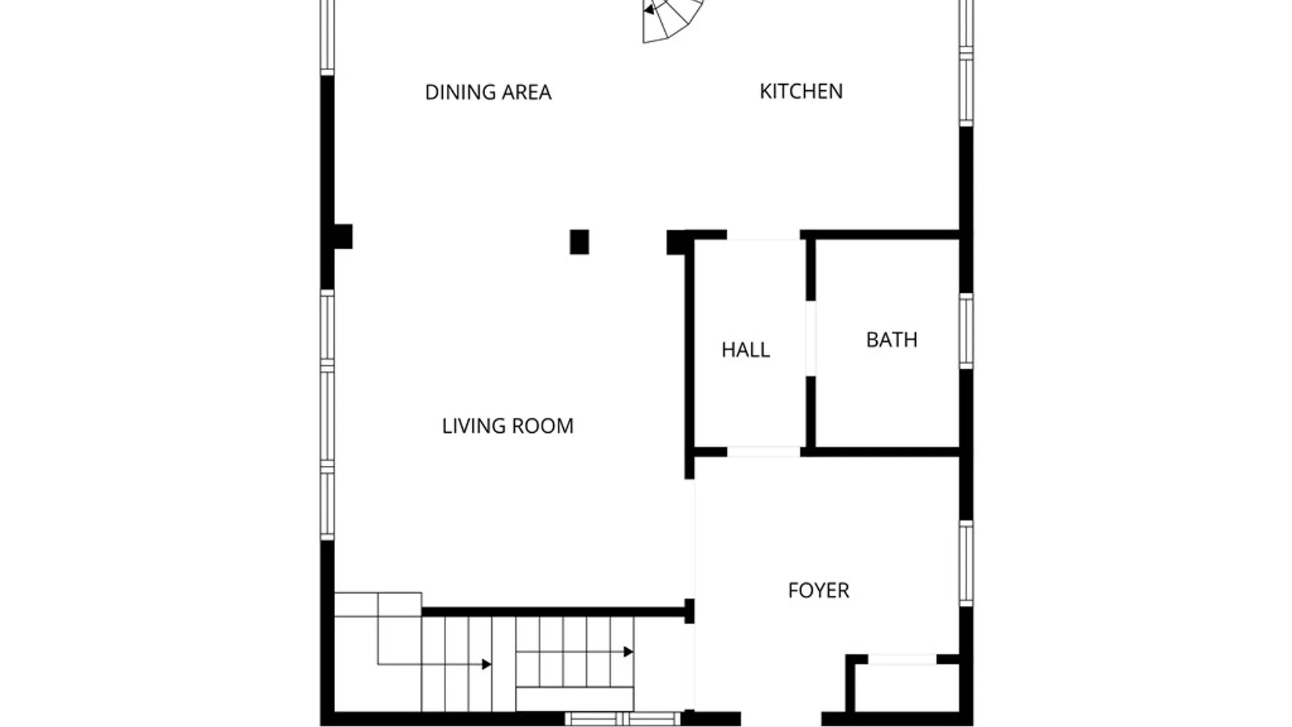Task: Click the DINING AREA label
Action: [488, 92]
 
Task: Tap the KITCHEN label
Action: [801, 92]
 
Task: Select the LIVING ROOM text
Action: [507, 426]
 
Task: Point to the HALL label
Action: [746, 350]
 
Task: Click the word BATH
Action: [892, 340]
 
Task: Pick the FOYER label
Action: [818, 590]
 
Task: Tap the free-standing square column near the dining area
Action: [579, 242]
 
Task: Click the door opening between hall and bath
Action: [811, 338]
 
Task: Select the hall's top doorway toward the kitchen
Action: [764, 235]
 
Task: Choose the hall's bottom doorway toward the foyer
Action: [764, 452]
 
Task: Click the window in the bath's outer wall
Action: [966, 331]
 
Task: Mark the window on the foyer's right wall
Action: [966, 563]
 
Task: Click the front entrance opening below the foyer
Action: [781, 719]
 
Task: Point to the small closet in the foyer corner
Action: [902, 687]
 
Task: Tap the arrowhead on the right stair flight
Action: [629, 652]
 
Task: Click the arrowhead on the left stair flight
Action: [487, 664]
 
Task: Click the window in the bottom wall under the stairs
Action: [622, 719]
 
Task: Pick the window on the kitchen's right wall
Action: [966, 63]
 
